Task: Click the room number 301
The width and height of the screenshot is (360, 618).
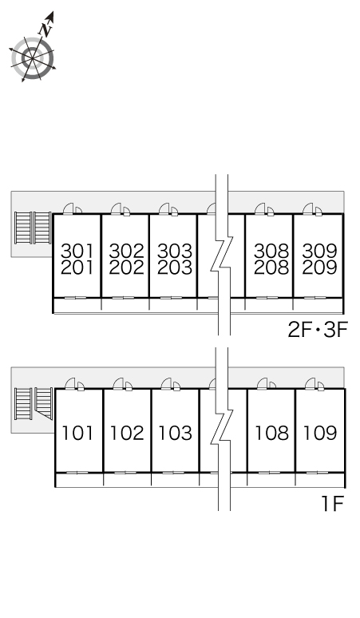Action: [x=77, y=251]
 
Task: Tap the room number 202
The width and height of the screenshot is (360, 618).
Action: [x=126, y=267]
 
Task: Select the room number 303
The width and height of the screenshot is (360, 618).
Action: [x=175, y=251]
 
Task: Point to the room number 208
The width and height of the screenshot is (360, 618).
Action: [x=271, y=267]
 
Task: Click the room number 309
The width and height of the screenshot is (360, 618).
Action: [x=319, y=251]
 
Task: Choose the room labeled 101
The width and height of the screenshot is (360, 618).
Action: [x=77, y=433]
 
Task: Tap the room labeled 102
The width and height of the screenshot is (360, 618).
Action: [x=127, y=433]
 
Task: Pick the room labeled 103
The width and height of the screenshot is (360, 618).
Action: [x=175, y=433]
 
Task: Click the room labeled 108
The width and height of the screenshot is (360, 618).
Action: [x=271, y=433]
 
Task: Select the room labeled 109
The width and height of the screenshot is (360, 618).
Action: [x=320, y=433]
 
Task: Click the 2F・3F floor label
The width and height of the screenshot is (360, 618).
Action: [x=318, y=331]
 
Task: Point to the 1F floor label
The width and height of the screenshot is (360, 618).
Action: [x=333, y=504]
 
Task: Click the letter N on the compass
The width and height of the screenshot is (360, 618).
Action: [x=45, y=30]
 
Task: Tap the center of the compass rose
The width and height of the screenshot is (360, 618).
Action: [x=32, y=58]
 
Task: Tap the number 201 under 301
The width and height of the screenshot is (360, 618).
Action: [x=77, y=267]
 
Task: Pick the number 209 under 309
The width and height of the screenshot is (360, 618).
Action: [x=319, y=267]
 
